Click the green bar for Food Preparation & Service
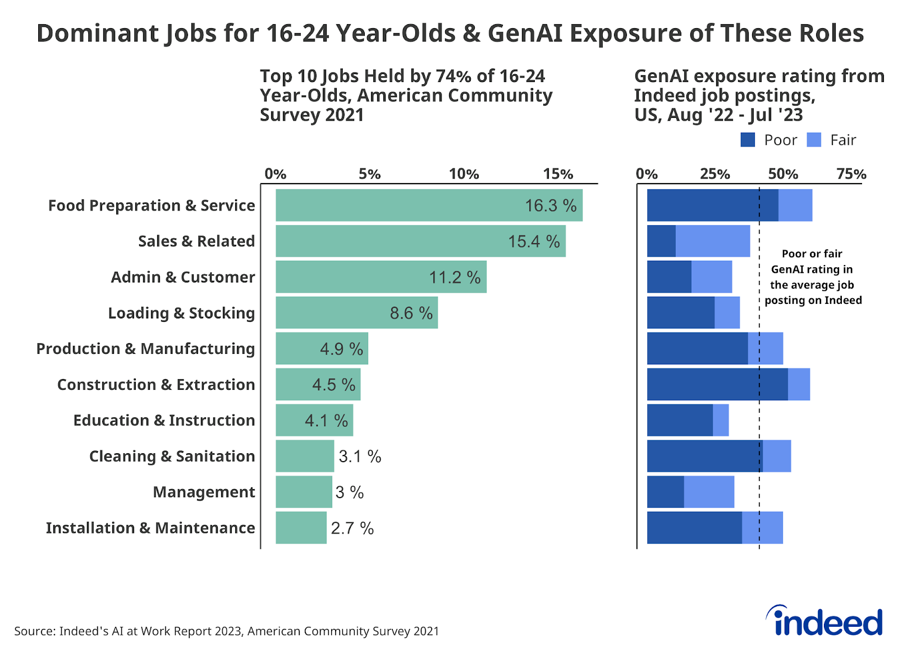429,205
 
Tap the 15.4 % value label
534,242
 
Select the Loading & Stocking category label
181,313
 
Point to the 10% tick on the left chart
464,174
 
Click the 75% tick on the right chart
851,174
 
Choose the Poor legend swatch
748,140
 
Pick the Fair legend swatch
814,140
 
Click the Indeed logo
824,621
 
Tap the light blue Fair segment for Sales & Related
713,241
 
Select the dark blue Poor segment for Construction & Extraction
717,384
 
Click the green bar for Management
304,492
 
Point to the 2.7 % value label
352,528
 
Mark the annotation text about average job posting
812,277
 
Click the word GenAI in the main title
525,34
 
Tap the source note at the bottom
226,631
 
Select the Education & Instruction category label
164,420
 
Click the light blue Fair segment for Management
709,492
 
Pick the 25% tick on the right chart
714,174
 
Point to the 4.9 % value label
341,349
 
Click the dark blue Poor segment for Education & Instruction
680,420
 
